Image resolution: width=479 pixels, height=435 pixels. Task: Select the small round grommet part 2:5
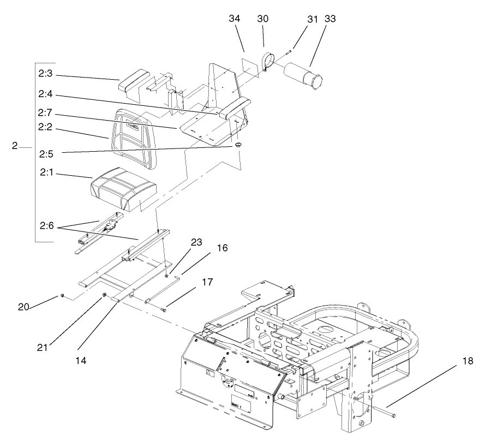pyautogui.click(x=238, y=145)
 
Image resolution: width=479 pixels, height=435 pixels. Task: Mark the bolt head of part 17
pyautogui.click(x=163, y=309)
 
